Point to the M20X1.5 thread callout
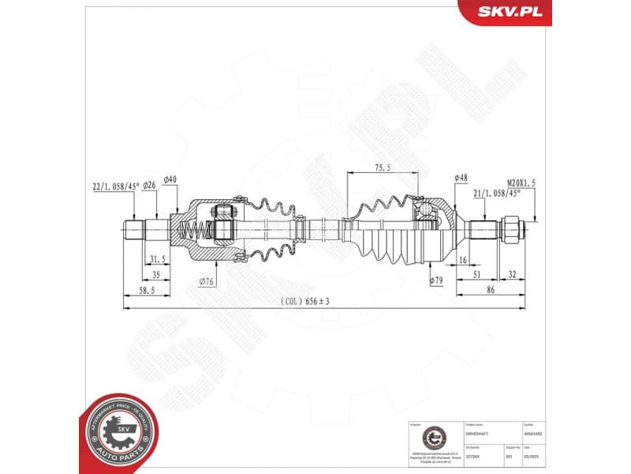tap(521, 182)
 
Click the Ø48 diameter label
tap(462, 178)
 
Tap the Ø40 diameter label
tap(170, 179)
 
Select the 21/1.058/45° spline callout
tap(495, 193)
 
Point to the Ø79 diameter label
tap(435, 280)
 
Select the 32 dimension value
tap(513, 275)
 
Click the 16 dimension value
tap(462, 259)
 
